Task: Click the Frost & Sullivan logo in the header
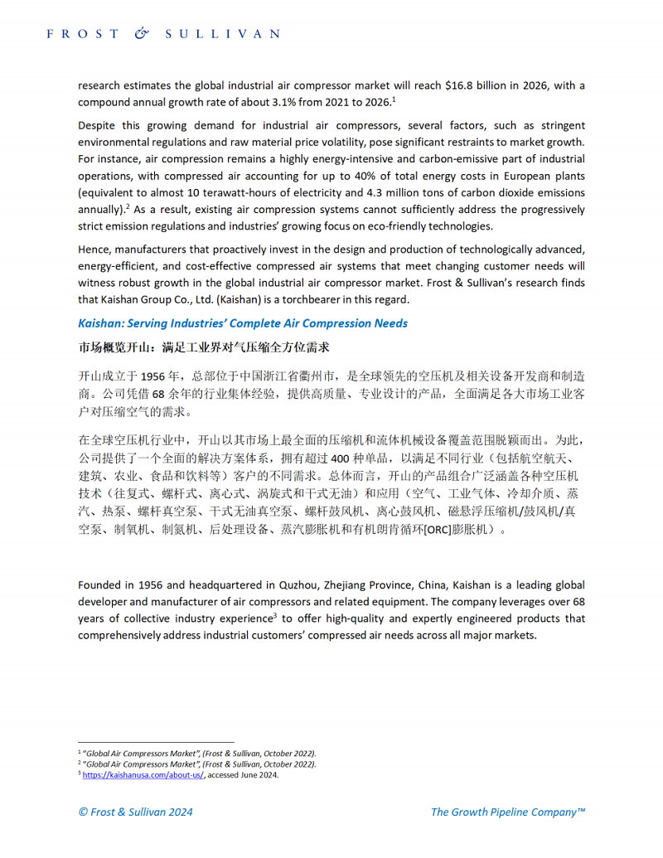tap(162, 34)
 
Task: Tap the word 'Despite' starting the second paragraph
tap(97, 125)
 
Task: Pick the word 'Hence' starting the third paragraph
tap(94, 250)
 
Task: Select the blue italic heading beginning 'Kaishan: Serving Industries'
tap(242, 322)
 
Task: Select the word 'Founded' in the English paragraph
tap(100, 584)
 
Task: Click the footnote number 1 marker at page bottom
tap(80, 752)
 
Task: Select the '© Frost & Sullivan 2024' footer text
tap(135, 812)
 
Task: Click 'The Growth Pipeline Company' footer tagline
tap(507, 812)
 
